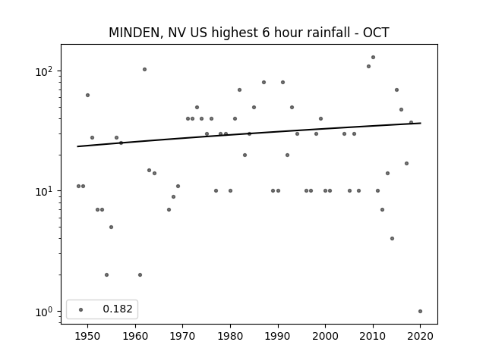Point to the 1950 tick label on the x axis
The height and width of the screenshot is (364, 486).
[88, 336]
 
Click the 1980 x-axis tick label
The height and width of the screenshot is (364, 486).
[230, 336]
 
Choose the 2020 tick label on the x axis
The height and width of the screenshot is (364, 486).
[420, 336]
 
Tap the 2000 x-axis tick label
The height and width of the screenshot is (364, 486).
[326, 336]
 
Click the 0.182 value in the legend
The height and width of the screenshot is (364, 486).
[118, 309]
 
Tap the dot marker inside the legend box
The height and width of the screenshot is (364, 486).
[81, 309]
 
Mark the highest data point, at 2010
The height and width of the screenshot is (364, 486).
[373, 58]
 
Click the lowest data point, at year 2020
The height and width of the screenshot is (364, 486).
[420, 312]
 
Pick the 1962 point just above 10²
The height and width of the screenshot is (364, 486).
[145, 69]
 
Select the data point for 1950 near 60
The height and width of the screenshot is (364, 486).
[88, 95]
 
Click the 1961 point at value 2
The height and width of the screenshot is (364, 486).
[140, 275]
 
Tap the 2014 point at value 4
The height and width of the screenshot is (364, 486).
[392, 238]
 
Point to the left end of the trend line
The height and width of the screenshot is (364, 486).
[77, 146]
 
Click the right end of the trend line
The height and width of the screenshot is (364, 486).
[421, 123]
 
